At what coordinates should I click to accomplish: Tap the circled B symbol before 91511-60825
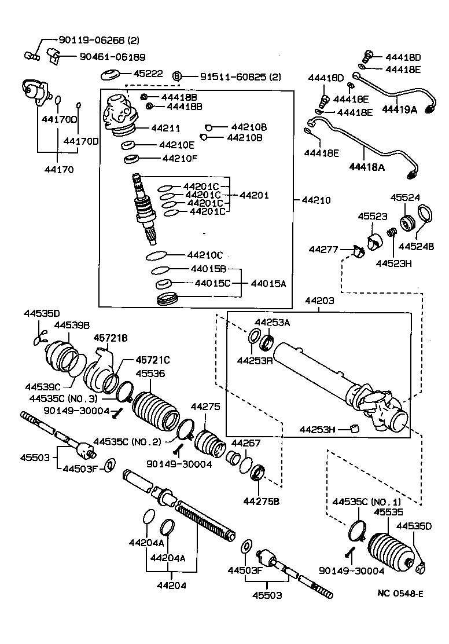(178, 76)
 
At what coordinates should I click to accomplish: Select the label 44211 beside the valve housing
(165, 128)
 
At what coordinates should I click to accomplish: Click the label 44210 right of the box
(316, 200)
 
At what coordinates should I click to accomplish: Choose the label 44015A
(268, 284)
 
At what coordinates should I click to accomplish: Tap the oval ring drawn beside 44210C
(156, 255)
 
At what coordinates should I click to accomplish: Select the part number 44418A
(366, 167)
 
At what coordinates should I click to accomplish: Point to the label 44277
(323, 250)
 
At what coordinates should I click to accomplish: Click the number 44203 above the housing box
(319, 302)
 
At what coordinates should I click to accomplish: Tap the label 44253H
(318, 429)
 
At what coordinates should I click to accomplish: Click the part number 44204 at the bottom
(171, 585)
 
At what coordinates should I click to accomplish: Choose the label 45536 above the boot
(150, 374)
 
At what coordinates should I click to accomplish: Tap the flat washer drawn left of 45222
(110, 75)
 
